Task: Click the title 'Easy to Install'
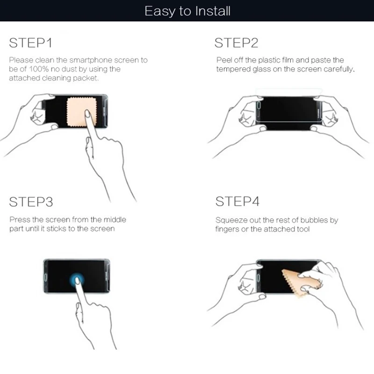pos(187,11)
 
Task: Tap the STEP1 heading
pos(30,43)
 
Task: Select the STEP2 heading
pos(236,43)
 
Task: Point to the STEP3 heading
pos(31,202)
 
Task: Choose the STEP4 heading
pos(237,201)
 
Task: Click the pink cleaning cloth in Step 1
pos(81,112)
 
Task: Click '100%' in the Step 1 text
pos(39,69)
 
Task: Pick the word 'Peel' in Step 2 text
pos(224,60)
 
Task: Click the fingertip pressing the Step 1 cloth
pos(87,113)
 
